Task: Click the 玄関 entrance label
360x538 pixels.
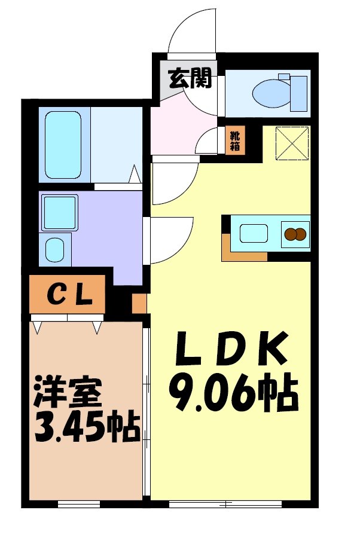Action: [x=190, y=78]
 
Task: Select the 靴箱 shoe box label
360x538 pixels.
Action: [x=235, y=141]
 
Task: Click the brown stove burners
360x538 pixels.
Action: [x=295, y=234]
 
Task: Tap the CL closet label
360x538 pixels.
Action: [x=69, y=294]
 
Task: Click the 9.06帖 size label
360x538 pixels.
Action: [x=233, y=392]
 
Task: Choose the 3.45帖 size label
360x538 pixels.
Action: [x=83, y=426]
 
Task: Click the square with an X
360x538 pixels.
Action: [x=293, y=144]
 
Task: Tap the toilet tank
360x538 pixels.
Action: [x=298, y=93]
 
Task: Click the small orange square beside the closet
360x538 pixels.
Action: [x=139, y=302]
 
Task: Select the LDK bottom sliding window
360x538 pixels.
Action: [x=225, y=503]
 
